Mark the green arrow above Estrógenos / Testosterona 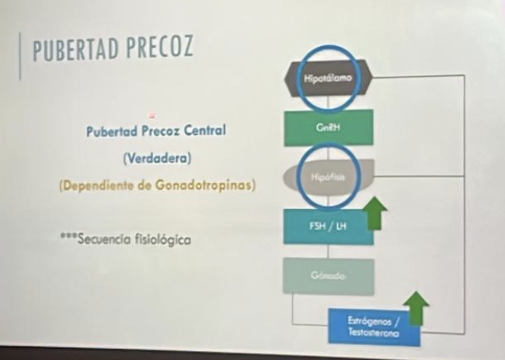click(x=415, y=307)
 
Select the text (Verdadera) click(x=156, y=157)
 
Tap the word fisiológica click(x=160, y=239)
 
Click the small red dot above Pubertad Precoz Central click(x=151, y=114)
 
